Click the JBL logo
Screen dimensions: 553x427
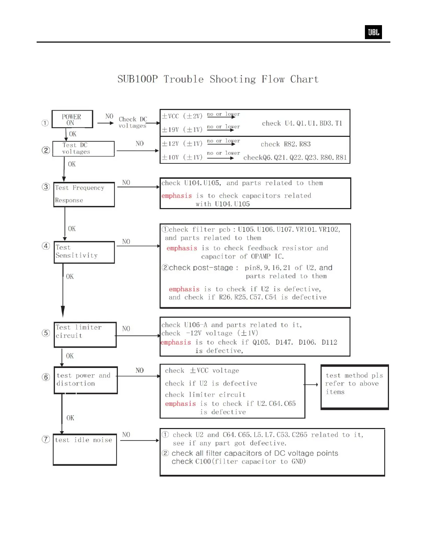pyautogui.click(x=373, y=32)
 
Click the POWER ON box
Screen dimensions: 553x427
pyautogui.click(x=72, y=119)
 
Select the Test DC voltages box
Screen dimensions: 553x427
pyautogui.click(x=83, y=149)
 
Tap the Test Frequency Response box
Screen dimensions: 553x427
pyautogui.click(x=84, y=194)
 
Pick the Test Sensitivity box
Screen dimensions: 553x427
pyautogui.click(x=84, y=252)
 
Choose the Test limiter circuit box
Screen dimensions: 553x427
pyautogui.click(x=85, y=334)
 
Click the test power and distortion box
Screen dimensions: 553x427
pyautogui.click(x=85, y=380)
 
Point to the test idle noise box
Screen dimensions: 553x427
pyautogui.click(x=84, y=449)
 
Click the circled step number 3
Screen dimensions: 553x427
pyautogui.click(x=46, y=187)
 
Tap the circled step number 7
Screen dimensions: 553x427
pyautogui.click(x=46, y=439)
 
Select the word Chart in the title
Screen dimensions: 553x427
pyautogui.click(x=304, y=79)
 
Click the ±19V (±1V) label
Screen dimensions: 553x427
pyautogui.click(x=182, y=130)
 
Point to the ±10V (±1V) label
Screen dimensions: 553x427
pyautogui.click(x=182, y=157)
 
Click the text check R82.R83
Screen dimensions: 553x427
pyautogui.click(x=285, y=144)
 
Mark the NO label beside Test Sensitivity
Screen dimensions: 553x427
pyautogui.click(x=126, y=242)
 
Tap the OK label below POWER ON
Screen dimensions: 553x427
pyautogui.click(x=73, y=134)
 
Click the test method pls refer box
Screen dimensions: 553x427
pyautogui.click(x=354, y=386)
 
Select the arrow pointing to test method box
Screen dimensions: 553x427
pyautogui.click(x=311, y=385)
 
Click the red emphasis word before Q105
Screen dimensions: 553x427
pyautogui.click(x=176, y=342)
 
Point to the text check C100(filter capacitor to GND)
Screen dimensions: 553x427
pyautogui.click(x=239, y=462)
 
